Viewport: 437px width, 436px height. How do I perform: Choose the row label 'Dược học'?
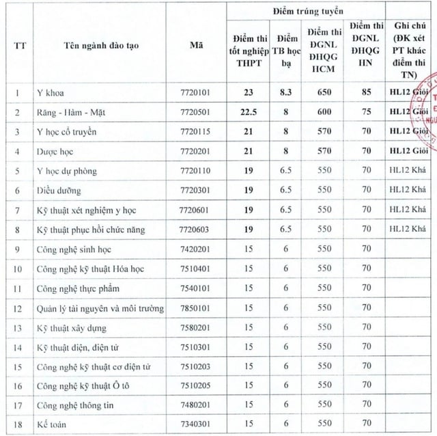[55, 150]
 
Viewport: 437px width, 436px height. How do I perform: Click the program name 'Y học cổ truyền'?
[68, 131]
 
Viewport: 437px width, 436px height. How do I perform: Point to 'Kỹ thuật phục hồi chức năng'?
[91, 230]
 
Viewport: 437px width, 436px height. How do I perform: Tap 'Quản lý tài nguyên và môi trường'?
[101, 309]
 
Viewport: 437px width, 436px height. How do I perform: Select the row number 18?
[17, 425]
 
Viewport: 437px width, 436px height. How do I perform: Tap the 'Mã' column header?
[197, 46]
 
